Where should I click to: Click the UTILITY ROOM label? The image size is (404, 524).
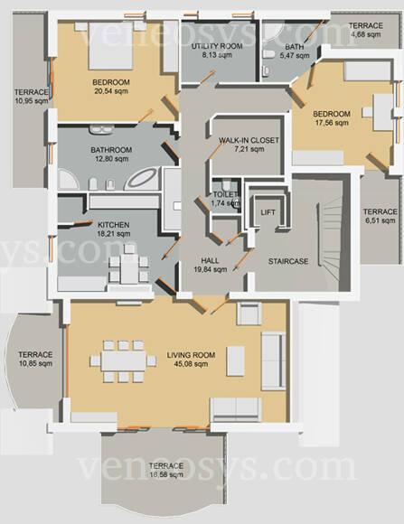coord(217,46)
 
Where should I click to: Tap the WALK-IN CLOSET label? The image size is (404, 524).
coord(249,140)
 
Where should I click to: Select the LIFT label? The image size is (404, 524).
coord(268,212)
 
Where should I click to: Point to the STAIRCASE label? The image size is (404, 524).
coord(288,261)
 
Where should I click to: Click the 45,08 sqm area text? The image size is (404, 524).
coord(191,364)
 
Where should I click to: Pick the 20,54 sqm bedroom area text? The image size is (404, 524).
coord(111,91)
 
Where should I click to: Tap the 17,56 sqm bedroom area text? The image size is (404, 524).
coord(332,123)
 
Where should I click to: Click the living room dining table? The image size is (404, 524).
coord(124,360)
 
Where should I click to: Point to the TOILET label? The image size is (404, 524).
coord(225,194)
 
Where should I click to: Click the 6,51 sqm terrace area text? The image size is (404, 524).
coord(380,220)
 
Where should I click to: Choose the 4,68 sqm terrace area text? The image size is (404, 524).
coord(366,34)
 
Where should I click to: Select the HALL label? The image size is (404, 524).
coord(210,261)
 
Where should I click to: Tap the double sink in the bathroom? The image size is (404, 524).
coord(101,130)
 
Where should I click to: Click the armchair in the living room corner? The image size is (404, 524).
coord(249,313)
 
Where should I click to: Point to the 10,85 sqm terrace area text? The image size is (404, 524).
coord(36,363)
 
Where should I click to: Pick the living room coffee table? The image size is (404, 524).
coord(236,360)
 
